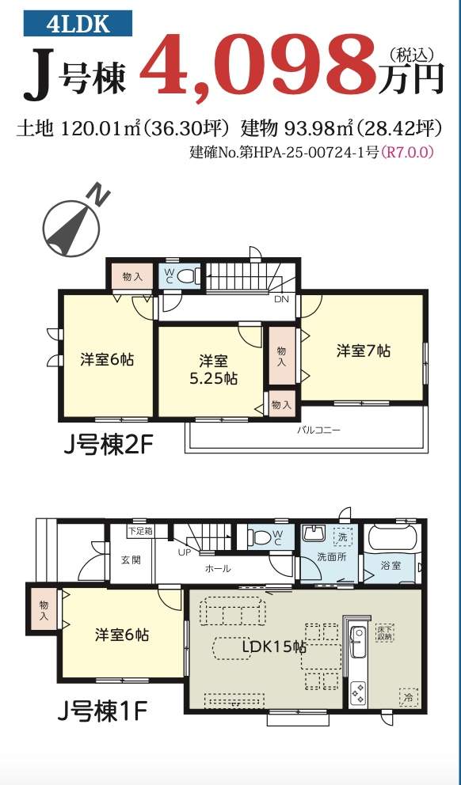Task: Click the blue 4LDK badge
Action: click(78, 24)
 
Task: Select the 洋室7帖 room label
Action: click(364, 351)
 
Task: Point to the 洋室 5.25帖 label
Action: click(213, 370)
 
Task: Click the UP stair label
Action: click(185, 552)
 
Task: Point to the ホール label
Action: click(218, 569)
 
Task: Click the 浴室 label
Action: click(391, 567)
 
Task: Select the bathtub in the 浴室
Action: click(392, 539)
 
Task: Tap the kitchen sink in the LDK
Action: click(359, 643)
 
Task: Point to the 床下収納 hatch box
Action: click(385, 632)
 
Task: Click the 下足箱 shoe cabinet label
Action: click(141, 531)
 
